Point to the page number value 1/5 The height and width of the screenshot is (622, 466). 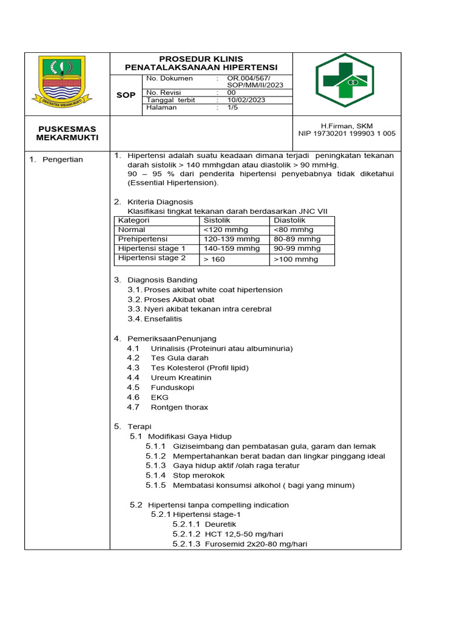[x=234, y=108]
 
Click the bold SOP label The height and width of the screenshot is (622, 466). [x=126, y=95]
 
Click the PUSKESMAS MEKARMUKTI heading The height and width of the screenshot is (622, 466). [x=67, y=133]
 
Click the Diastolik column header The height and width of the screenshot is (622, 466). [x=289, y=220]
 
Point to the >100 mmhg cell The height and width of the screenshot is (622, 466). [x=295, y=259]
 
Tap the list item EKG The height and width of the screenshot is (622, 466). [x=160, y=397]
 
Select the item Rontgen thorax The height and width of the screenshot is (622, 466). [x=179, y=407]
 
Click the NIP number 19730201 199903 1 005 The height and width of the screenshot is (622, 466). [x=346, y=134]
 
